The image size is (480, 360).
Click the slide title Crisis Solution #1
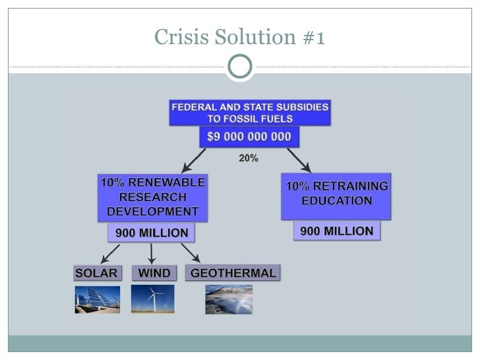click(239, 38)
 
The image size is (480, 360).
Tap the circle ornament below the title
click(239, 67)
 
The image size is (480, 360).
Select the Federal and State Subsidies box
click(250, 113)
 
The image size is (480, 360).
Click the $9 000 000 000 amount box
click(250, 137)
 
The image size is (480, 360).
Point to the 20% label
click(249, 159)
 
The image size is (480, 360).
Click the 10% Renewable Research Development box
click(152, 196)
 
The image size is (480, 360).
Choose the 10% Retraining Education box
click(336, 196)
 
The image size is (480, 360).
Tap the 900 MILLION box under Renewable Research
click(152, 232)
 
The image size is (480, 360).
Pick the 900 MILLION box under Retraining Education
click(336, 231)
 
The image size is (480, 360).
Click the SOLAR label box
click(96, 273)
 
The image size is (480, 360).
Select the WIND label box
click(154, 273)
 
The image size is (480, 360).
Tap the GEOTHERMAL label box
click(233, 273)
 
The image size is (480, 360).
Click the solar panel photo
click(97, 299)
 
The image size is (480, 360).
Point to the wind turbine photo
click(152, 299)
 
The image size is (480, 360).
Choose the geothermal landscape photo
click(228, 299)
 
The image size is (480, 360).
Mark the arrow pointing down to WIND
click(152, 253)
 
